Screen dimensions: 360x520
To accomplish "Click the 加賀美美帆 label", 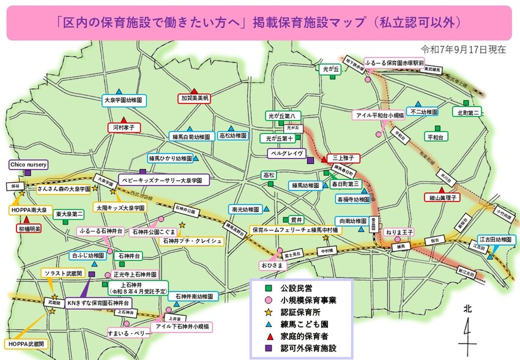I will pos(195,98).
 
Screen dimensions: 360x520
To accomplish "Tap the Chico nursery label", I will pos(28,165).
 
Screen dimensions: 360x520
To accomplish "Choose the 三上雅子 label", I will pos(343,158).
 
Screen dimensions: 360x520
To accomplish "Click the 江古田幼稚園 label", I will pos(495,239).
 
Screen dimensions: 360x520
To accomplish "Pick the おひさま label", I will pos(272,266).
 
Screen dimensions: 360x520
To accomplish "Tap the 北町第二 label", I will pos(469,113).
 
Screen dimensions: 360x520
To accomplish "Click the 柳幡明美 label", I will pos(29,228).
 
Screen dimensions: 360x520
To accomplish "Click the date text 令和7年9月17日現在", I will pos(464,49).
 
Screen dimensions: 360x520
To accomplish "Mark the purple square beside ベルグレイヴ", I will pos(310,160).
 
